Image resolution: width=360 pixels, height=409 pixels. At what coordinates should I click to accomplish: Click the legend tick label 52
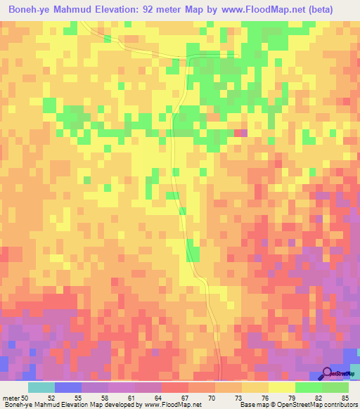tap(51, 398)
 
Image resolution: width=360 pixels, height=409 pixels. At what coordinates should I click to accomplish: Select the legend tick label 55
tap(77, 398)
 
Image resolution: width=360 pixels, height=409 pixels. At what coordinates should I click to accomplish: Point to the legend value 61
tap(130, 398)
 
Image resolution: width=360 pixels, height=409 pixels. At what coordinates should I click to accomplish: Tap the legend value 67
tap(184, 398)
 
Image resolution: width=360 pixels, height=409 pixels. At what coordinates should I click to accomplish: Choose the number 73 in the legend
tap(238, 398)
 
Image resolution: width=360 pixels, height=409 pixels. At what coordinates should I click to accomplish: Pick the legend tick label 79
tap(292, 398)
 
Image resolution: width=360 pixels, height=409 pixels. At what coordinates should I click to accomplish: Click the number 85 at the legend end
tap(344, 398)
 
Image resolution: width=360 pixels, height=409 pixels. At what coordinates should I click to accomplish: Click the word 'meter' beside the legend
tap(11, 398)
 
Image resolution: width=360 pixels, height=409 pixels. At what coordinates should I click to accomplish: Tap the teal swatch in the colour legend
tap(41, 387)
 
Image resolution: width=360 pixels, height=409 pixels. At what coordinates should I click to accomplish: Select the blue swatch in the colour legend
tap(67, 387)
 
